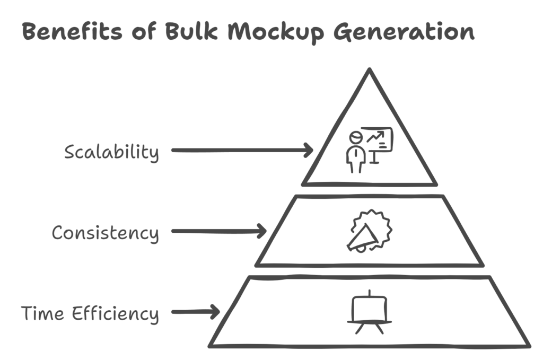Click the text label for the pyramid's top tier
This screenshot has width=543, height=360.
[x=111, y=154]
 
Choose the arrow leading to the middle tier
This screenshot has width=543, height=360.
[x=220, y=231]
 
